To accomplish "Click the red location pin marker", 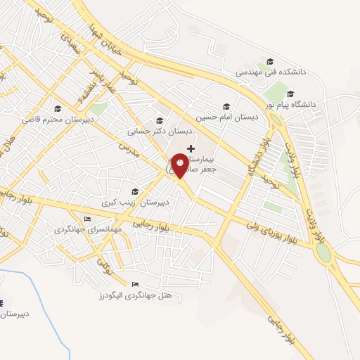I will pyautogui.click(x=181, y=166).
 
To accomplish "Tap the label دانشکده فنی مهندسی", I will pyautogui.click(x=270, y=72).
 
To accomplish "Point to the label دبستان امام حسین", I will pyautogui.click(x=227, y=117).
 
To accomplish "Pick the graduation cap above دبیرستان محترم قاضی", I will pyautogui.click(x=57, y=108).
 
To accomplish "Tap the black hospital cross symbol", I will pyautogui.click(x=191, y=148).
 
